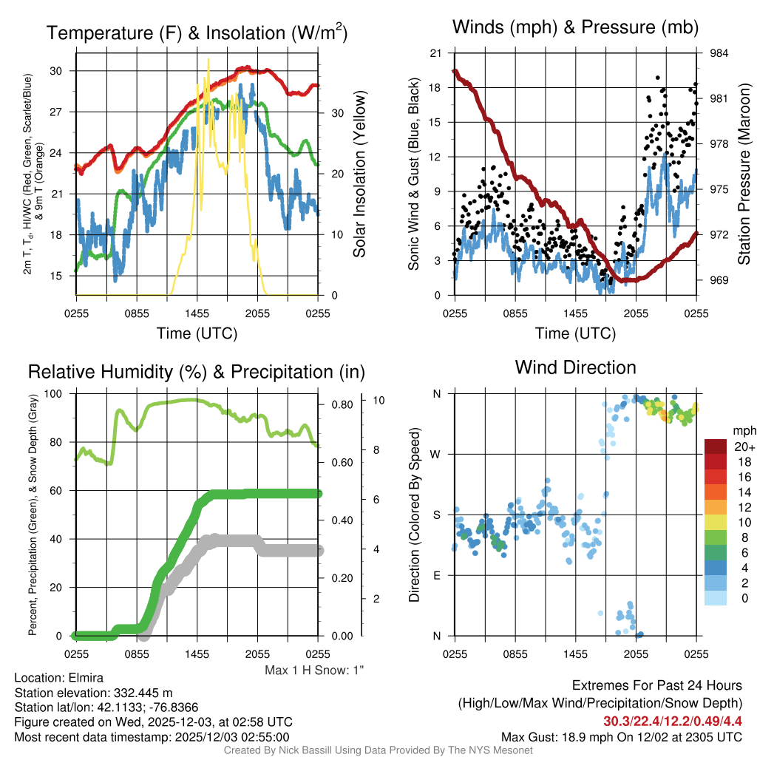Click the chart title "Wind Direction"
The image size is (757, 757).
pos(575,367)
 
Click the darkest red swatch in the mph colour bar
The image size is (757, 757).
pos(716,447)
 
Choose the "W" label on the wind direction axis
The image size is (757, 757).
pos(437,454)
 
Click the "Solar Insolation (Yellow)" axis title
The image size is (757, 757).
pos(360,174)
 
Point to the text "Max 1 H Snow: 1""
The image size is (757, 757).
pos(315,670)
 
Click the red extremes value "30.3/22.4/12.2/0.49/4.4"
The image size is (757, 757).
pos(673,721)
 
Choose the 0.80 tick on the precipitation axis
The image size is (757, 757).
pos(342,404)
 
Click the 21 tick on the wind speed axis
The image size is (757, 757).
pos(435,53)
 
